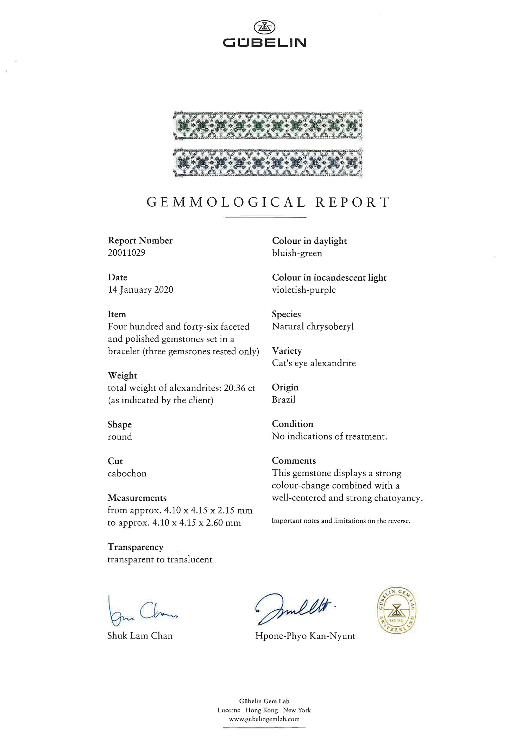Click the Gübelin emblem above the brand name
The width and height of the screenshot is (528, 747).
(264, 27)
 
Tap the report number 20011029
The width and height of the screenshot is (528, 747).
(126, 253)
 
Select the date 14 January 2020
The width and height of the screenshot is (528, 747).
(140, 290)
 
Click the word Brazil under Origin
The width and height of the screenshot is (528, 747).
(283, 400)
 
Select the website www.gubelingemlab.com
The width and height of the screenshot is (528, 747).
(264, 719)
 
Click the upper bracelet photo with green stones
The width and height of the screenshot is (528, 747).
(268, 125)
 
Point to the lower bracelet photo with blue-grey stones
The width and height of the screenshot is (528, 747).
(268, 162)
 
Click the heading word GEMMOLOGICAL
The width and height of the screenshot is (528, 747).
(226, 203)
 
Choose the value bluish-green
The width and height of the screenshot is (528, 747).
(297, 253)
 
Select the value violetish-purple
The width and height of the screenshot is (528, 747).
(304, 290)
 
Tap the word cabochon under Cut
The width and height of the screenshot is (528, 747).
(127, 474)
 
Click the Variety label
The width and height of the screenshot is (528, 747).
(287, 351)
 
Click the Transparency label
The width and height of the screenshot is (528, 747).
(135, 547)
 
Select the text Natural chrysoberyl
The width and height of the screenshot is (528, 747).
(313, 326)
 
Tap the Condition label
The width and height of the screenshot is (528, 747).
(292, 424)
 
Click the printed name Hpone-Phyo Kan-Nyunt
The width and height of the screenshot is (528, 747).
(305, 636)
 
